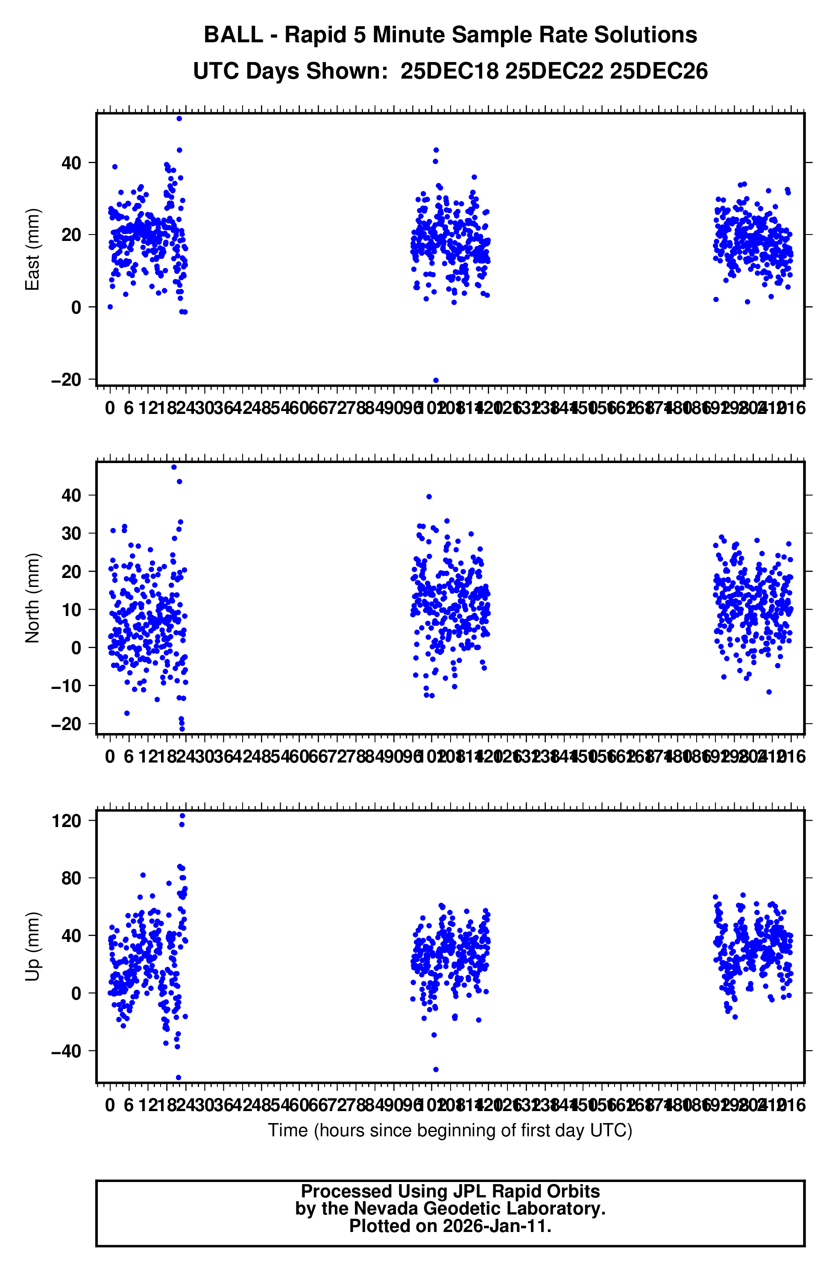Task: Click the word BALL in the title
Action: [x=233, y=35]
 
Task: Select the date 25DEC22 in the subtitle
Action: [x=554, y=71]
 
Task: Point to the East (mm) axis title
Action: [x=32, y=249]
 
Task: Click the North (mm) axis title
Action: [x=32, y=598]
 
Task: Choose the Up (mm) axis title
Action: [x=32, y=946]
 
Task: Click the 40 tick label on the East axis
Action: [x=71, y=163]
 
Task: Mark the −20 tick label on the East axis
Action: [x=66, y=380]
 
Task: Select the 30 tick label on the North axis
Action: [x=71, y=533]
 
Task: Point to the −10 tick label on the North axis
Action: [x=66, y=686]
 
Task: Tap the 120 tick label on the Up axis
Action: [x=66, y=821]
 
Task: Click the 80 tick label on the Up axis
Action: [x=71, y=878]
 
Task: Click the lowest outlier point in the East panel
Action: [x=436, y=380]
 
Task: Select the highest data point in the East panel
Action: [x=179, y=119]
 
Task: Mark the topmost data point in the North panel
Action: [x=174, y=467]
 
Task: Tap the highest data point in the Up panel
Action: [x=182, y=815]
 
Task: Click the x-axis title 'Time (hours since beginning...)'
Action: [x=450, y=1130]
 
